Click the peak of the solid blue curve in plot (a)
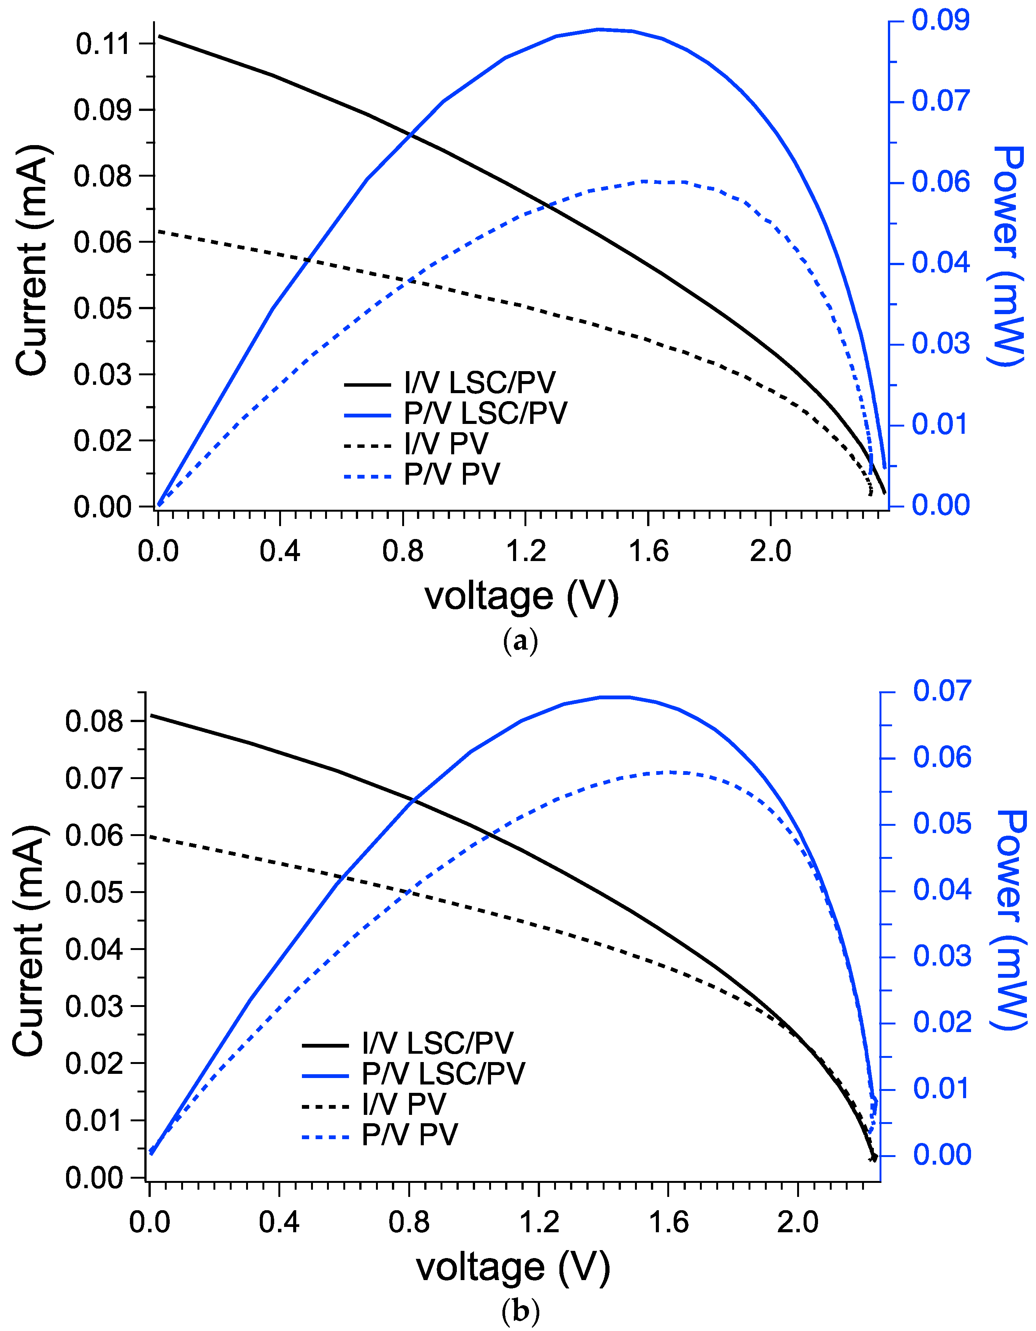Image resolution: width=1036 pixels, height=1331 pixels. click(x=600, y=28)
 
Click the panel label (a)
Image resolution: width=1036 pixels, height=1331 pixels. click(x=520, y=642)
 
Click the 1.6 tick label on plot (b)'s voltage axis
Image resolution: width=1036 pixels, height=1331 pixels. click(x=668, y=1222)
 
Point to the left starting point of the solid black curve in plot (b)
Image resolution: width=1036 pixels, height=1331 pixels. click(x=150, y=715)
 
